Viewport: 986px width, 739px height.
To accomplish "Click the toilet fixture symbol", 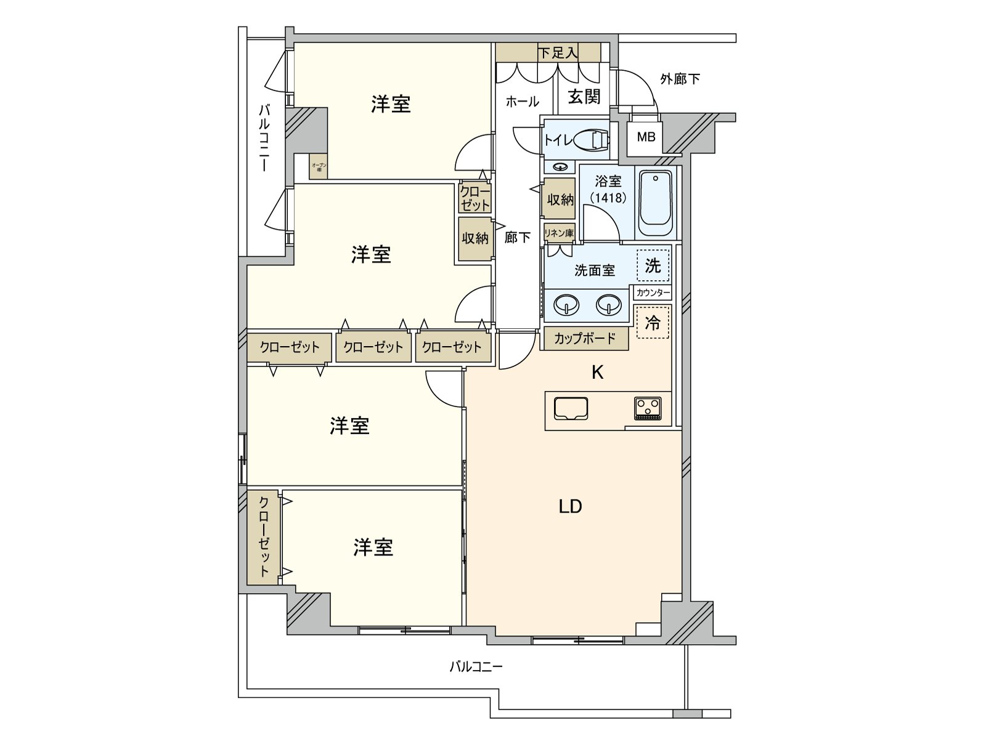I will coord(593,140).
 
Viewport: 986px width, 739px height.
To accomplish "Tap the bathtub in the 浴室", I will coord(655,202).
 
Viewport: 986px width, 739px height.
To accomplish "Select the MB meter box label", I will coord(646,137).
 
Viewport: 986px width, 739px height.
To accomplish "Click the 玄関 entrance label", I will coord(584,97).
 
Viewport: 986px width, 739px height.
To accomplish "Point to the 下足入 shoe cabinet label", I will coord(558,53).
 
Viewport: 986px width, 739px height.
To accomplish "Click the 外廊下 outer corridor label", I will coord(680,79).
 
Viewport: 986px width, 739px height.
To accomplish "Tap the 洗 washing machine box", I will coord(653,265).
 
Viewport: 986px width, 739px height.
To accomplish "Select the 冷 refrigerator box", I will coord(653,322).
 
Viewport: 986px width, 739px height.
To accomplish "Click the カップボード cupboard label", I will coord(585,338).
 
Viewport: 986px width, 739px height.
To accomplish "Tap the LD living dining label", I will coord(570,506).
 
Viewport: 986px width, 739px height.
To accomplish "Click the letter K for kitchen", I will coord(597,372).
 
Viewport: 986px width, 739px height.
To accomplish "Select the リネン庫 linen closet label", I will coord(558,233).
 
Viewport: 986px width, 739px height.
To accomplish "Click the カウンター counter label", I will coord(652,293).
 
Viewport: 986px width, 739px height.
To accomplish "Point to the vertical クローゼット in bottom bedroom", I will coord(264,537).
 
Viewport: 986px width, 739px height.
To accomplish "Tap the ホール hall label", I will coord(522,102).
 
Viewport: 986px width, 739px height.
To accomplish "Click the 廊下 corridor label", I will coord(517,237).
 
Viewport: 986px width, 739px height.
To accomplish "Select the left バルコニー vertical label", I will coord(264,137).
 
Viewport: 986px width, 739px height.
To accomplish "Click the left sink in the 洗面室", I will coord(567,304).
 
